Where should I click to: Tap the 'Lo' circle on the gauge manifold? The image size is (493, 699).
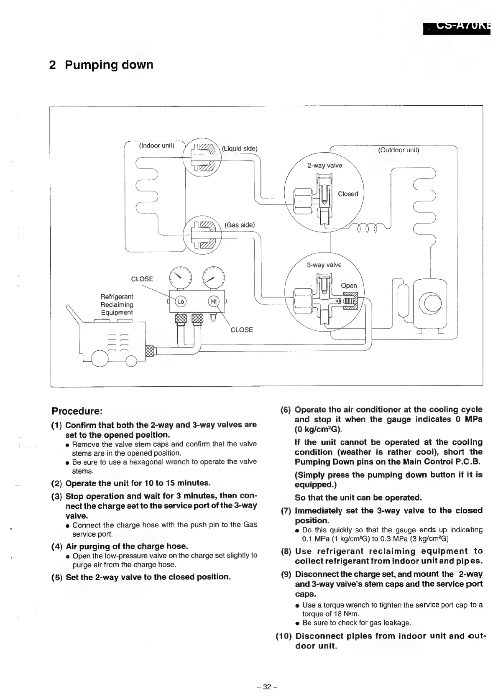coord(181,301)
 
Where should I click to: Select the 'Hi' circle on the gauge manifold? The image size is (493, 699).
coord(213,301)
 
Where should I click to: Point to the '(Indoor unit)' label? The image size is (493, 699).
coord(156,146)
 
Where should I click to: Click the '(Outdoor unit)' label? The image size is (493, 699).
coord(398,150)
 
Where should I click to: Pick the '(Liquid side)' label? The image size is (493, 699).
coord(240,149)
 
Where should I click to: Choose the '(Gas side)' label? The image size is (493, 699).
coord(240,225)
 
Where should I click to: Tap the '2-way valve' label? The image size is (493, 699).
coord(324,166)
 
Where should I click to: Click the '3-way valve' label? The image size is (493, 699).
coord(324,265)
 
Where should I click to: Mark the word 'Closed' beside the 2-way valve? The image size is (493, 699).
coord(348,194)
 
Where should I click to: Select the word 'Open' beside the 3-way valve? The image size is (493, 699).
coord(349,286)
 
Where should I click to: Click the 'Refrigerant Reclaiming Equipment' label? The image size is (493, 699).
coord(117,305)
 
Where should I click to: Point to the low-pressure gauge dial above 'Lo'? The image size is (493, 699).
coord(180,277)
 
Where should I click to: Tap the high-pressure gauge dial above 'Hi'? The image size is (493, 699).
coord(213,277)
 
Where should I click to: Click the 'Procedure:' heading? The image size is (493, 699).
coord(77,411)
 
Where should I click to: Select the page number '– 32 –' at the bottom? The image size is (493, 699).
coord(268,686)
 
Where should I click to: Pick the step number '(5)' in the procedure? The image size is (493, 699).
coord(57,577)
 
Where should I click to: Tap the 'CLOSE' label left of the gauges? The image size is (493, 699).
coord(142,279)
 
